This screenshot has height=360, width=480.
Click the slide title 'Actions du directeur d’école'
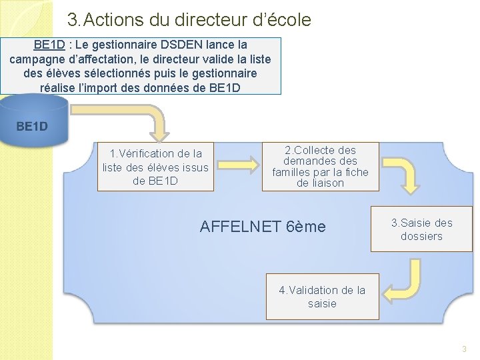point(189,20)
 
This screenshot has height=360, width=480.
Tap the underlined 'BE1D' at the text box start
point(49,45)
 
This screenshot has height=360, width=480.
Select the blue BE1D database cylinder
point(33,121)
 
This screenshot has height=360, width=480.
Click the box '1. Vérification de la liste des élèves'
point(155,167)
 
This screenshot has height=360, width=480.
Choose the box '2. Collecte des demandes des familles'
point(320,167)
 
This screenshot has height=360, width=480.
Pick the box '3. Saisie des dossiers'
point(421,229)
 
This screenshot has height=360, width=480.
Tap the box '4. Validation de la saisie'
point(322,297)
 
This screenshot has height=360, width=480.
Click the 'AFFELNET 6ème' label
point(263,227)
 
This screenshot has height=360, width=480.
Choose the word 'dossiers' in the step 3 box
point(421,236)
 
